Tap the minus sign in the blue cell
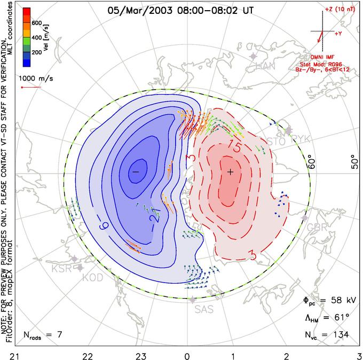(x=136, y=171)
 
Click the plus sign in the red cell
(x=231, y=171)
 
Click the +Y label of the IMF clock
(x=338, y=34)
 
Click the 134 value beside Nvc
(x=340, y=335)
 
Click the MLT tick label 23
(x=140, y=355)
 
